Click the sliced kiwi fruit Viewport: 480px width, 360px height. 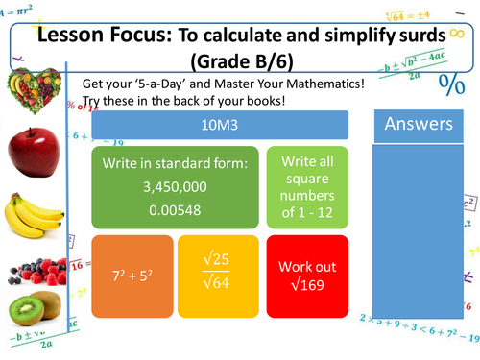click(x=32, y=313)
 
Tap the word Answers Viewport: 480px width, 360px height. click(x=418, y=124)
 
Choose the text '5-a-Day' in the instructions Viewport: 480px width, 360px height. click(x=164, y=84)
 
